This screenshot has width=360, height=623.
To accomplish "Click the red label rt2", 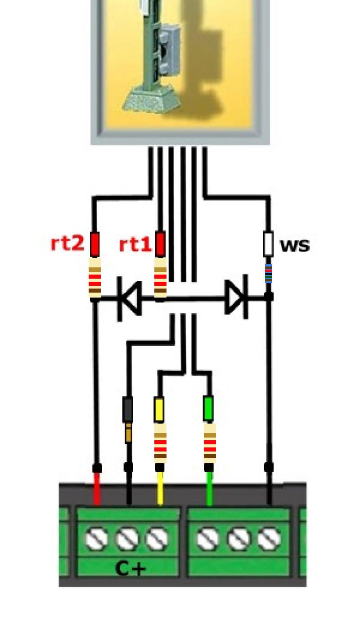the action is (x=67, y=243).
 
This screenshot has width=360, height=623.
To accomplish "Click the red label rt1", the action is (x=135, y=244).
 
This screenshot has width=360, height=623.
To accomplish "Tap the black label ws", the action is (x=295, y=246).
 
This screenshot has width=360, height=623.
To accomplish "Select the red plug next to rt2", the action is (x=95, y=244).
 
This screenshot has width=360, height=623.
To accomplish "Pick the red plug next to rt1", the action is (x=160, y=244).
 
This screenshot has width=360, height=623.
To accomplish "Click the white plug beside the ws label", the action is (x=268, y=244).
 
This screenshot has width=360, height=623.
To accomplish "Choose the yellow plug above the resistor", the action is (x=159, y=409).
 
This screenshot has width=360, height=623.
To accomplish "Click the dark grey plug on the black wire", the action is (x=128, y=410).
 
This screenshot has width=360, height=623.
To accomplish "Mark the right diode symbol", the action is (x=236, y=297).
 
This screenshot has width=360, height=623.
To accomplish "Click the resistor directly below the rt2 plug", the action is (x=95, y=278).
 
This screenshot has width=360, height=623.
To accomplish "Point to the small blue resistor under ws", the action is (x=268, y=274).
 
